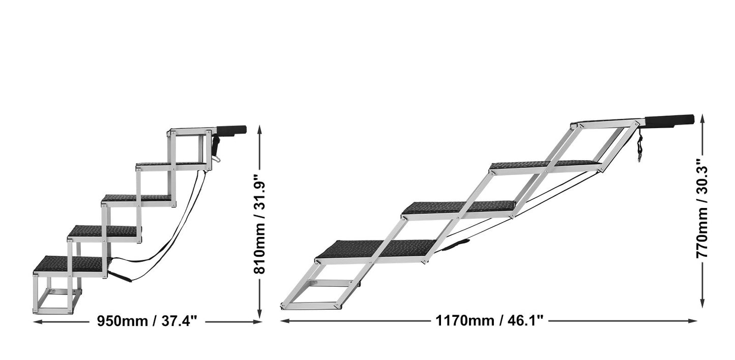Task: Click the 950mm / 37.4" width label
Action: tap(148, 321)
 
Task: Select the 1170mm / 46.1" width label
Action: tap(489, 320)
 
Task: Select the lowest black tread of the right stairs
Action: tap(376, 249)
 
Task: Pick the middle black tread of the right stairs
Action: tap(459, 207)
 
